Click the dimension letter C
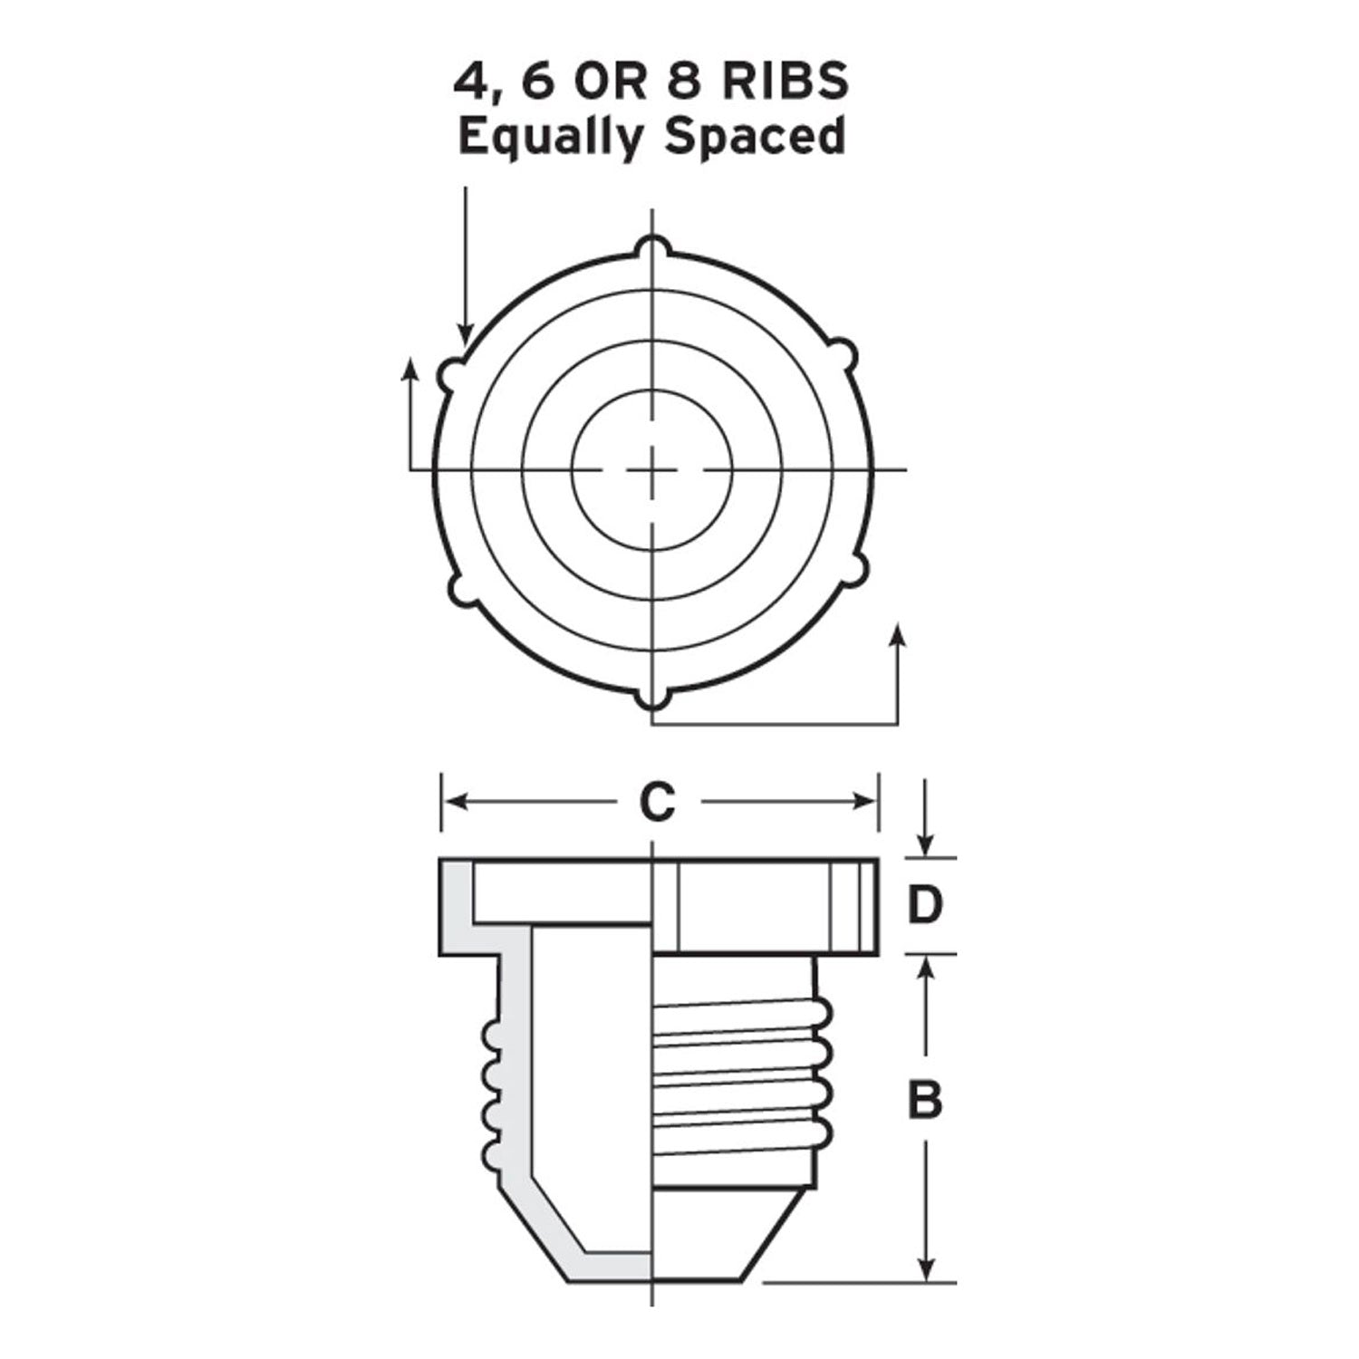658,802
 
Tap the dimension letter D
925,905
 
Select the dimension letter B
925,1100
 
